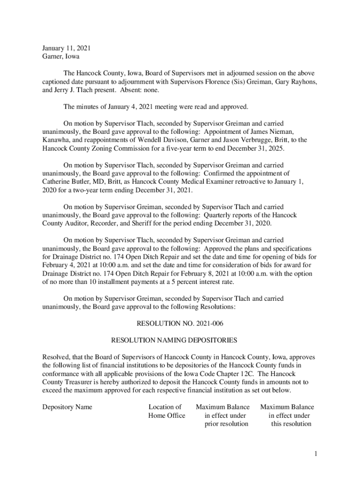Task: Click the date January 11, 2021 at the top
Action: click(x=66, y=48)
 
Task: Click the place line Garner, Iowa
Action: click(x=61, y=57)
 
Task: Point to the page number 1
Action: click(x=316, y=453)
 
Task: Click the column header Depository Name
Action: click(x=67, y=407)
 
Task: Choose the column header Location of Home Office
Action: click(x=166, y=411)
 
